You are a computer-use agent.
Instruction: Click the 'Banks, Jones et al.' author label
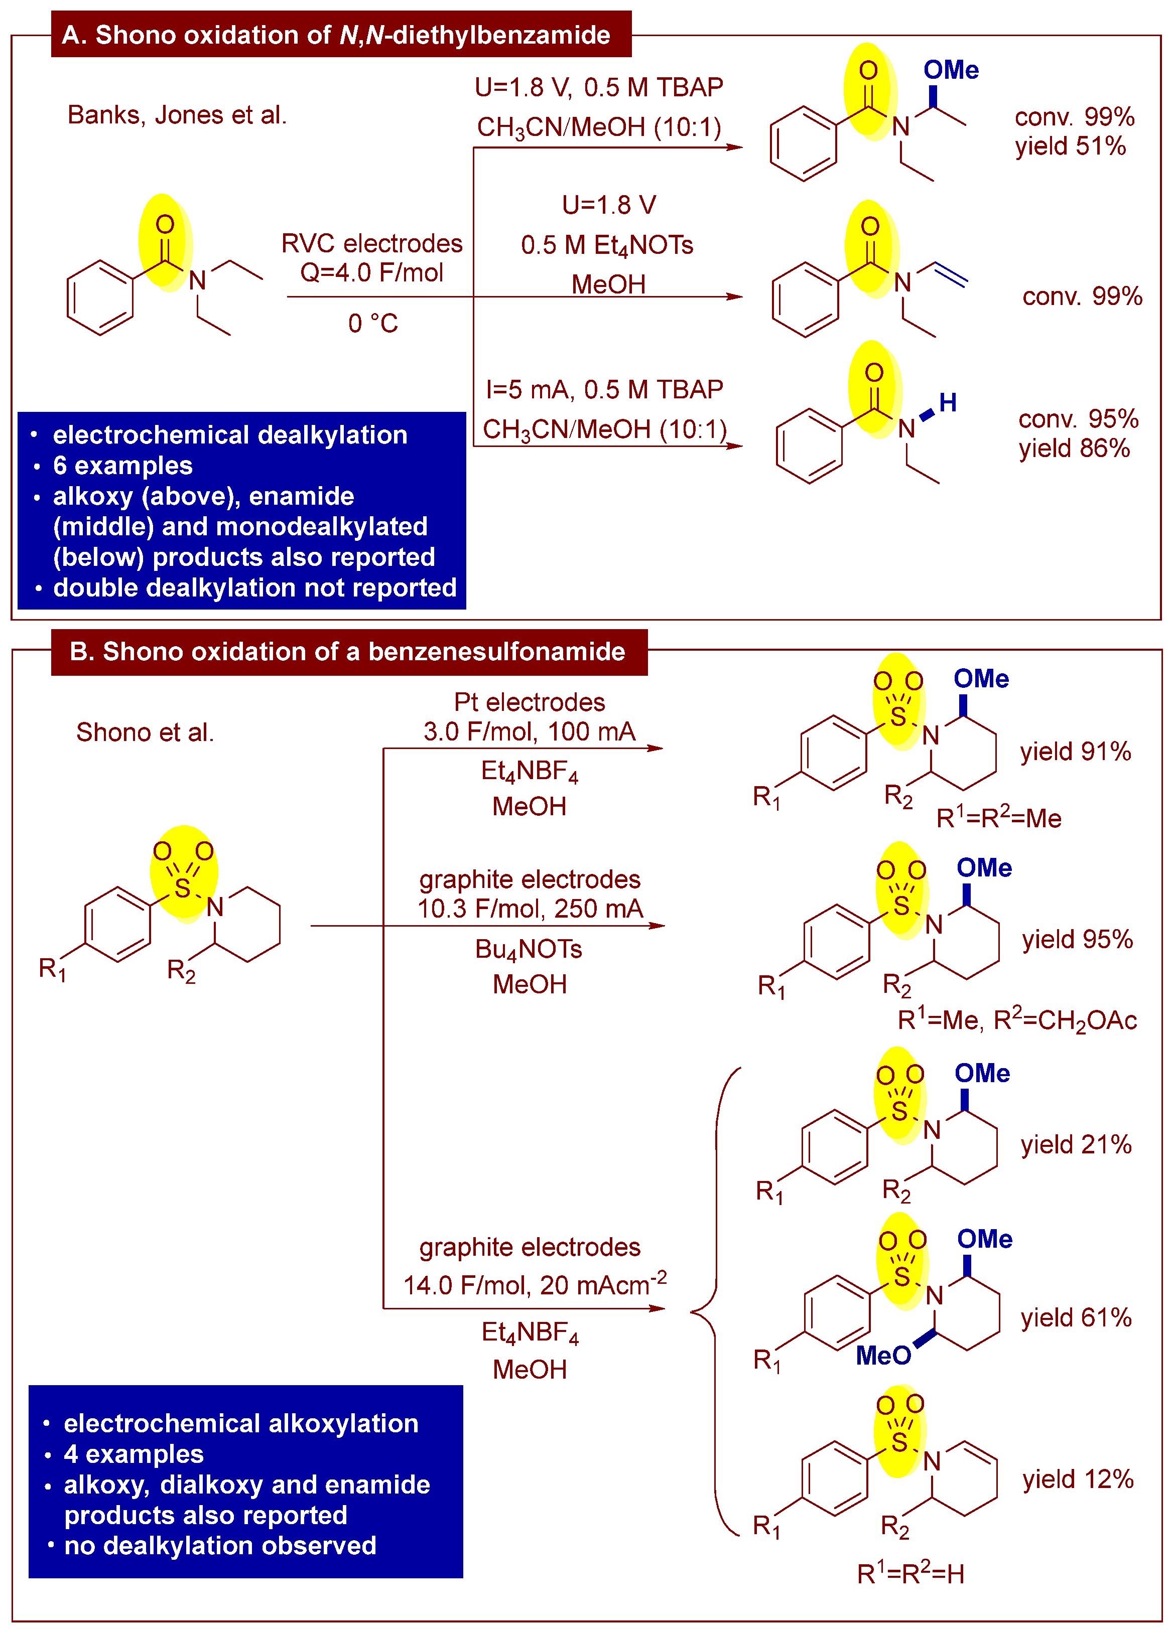click(x=177, y=114)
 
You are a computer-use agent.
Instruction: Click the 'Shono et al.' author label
click(x=145, y=732)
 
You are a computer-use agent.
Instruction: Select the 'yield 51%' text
click(x=1071, y=146)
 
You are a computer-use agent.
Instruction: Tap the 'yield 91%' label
click(x=1076, y=752)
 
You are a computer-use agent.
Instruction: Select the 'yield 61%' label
click(x=1076, y=1318)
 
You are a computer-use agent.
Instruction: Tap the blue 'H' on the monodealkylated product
click(x=948, y=403)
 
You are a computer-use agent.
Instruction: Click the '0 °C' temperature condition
click(x=372, y=324)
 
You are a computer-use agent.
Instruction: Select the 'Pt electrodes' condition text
click(x=529, y=702)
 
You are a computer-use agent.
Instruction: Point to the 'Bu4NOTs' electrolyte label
click(x=529, y=950)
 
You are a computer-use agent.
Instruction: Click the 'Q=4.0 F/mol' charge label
click(x=372, y=272)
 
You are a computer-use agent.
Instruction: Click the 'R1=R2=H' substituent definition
click(x=910, y=1574)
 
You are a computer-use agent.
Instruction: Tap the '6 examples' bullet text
click(x=122, y=466)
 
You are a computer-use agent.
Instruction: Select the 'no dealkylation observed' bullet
click(x=220, y=1545)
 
